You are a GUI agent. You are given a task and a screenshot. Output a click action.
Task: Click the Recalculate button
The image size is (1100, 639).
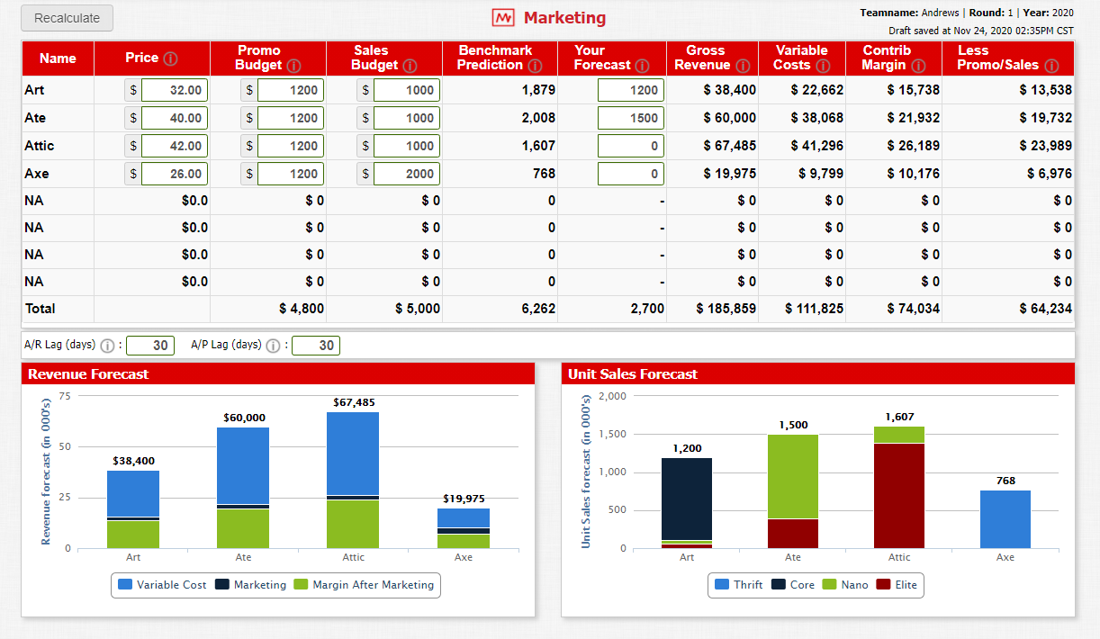pyautogui.click(x=67, y=18)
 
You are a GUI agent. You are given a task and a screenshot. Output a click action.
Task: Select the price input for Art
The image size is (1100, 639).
pyautogui.click(x=175, y=90)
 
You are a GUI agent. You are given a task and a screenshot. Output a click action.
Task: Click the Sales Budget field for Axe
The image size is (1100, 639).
pyautogui.click(x=407, y=174)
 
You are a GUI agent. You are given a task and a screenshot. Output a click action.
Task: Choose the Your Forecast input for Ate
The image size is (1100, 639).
pyautogui.click(x=630, y=118)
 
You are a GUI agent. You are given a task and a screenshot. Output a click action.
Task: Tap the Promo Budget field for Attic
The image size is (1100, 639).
pyautogui.click(x=291, y=146)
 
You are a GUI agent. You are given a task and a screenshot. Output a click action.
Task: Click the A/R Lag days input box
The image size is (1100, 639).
pyautogui.click(x=150, y=346)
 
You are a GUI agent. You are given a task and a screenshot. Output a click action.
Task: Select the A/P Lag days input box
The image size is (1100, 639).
pyautogui.click(x=316, y=346)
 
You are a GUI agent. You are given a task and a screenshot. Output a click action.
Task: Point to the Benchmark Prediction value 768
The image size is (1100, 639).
pyautogui.click(x=543, y=174)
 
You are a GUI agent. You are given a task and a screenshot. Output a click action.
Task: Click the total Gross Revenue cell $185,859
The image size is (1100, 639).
pyautogui.click(x=726, y=309)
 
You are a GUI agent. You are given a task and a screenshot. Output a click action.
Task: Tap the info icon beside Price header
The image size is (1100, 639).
pyautogui.click(x=169, y=58)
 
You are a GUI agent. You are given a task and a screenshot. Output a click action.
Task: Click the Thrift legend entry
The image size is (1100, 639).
pyautogui.click(x=739, y=585)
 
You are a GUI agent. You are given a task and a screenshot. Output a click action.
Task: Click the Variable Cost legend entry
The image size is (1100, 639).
pyautogui.click(x=162, y=585)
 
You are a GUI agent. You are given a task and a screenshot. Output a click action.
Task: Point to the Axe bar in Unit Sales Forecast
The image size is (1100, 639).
pyautogui.click(x=1005, y=519)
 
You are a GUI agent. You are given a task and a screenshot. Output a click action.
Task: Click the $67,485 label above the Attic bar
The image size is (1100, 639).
pyautogui.click(x=354, y=402)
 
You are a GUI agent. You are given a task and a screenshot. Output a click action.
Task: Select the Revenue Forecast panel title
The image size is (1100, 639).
pyautogui.click(x=88, y=373)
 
